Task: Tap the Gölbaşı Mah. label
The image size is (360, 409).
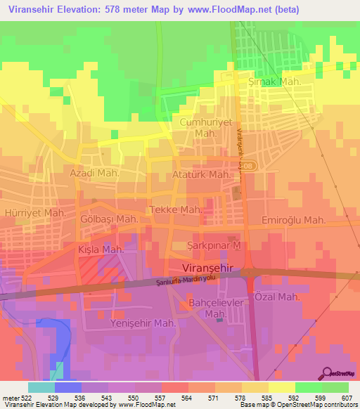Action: point(108,219)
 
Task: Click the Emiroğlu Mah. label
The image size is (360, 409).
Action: point(293,220)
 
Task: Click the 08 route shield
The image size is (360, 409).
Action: point(252,165)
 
